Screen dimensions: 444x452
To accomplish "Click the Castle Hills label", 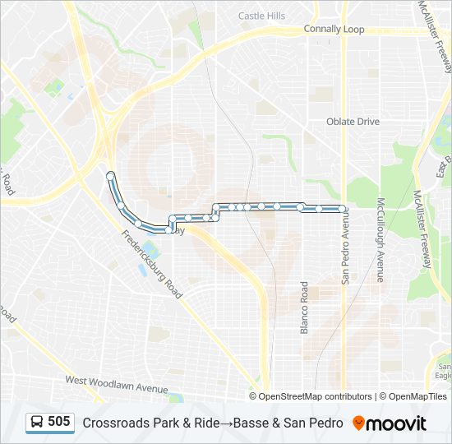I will pyautogui.click(x=261, y=16).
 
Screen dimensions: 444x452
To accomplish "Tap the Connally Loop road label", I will pyautogui.click(x=334, y=29).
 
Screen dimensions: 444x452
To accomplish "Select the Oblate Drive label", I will pyautogui.click(x=353, y=122).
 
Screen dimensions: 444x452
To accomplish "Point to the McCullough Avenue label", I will pyautogui.click(x=381, y=238).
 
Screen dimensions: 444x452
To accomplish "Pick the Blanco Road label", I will pyautogui.click(x=304, y=308).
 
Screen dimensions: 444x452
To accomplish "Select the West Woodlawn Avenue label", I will pyautogui.click(x=117, y=384).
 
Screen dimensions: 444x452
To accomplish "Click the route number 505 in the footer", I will pyautogui.click(x=59, y=422).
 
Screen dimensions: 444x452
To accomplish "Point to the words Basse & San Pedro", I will pyautogui.click(x=288, y=423).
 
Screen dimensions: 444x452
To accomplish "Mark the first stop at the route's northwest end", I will pyautogui.click(x=110, y=175).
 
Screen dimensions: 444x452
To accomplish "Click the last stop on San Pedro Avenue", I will pyautogui.click(x=342, y=209).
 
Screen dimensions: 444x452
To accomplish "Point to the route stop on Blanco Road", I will pyautogui.click(x=302, y=206).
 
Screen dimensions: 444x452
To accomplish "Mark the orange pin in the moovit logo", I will pyautogui.click(x=358, y=423).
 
